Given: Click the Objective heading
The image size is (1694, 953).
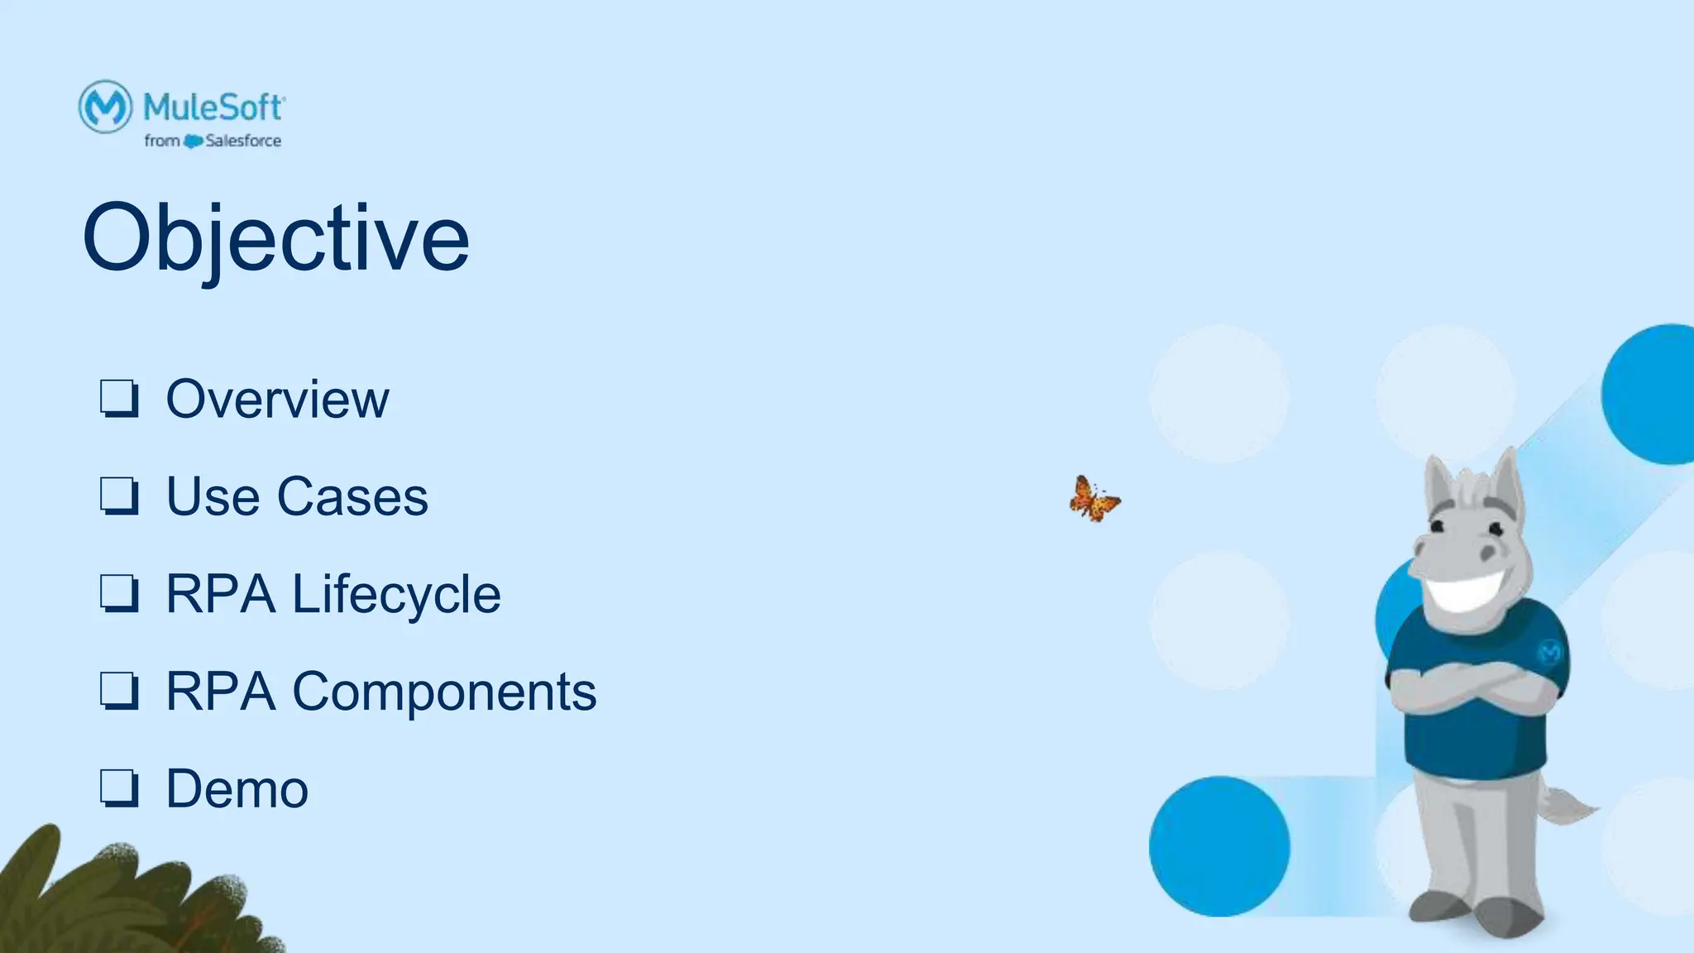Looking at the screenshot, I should (275, 238).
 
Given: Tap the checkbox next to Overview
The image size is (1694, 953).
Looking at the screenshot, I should (119, 399).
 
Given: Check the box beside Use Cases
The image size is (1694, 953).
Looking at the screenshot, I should (119, 496).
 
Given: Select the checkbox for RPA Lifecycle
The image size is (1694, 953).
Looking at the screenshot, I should (119, 593).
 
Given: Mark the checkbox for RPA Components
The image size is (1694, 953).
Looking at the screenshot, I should (119, 691).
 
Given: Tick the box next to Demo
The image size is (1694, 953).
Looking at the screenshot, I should (119, 788).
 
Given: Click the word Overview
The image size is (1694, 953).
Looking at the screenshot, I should (277, 400).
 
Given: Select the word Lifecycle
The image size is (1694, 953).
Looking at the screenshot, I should (396, 595).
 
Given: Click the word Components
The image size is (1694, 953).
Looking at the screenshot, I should (444, 692).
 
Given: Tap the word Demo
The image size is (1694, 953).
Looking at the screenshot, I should (237, 788).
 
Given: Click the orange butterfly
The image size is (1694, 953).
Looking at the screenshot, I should (1093, 500).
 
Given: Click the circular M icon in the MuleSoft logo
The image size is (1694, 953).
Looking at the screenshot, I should (105, 106).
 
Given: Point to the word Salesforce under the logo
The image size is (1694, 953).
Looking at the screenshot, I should (243, 141).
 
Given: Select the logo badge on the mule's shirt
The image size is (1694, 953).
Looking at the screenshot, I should (1550, 653).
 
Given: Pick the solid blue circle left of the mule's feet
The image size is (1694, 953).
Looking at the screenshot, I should (1218, 845).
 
